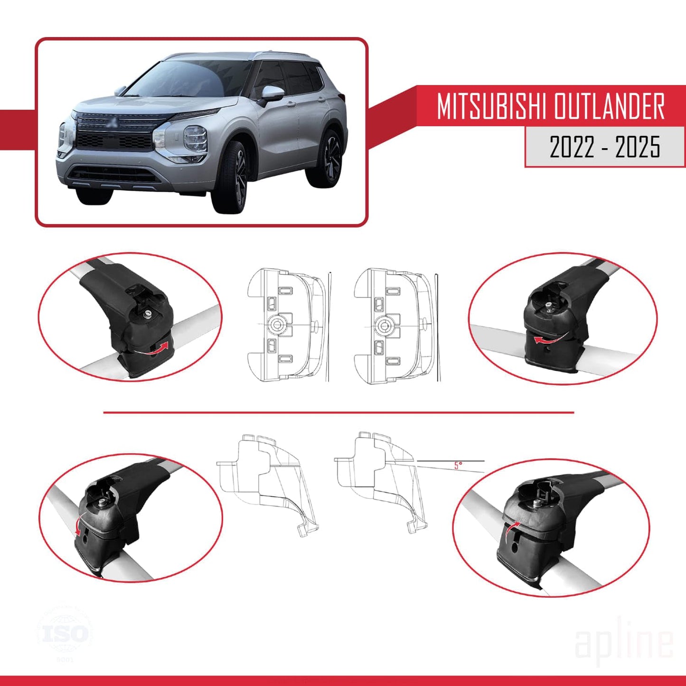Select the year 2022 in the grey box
click(572, 147)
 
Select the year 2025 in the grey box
click(638, 147)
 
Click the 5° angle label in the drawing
click(458, 466)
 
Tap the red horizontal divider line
click(338, 413)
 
